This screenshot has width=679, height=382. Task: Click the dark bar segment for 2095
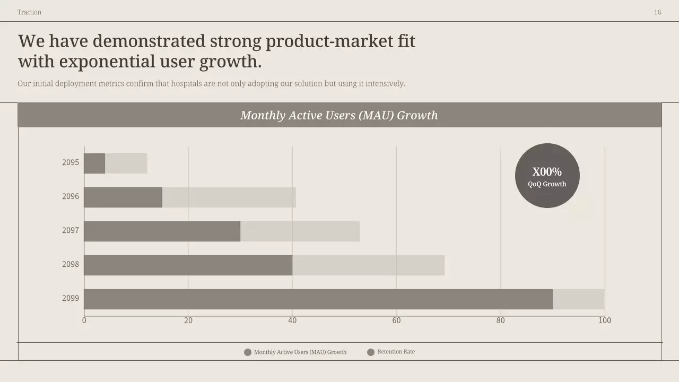(x=94, y=163)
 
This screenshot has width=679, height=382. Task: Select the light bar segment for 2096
(x=229, y=197)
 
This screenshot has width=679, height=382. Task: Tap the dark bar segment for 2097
(x=162, y=231)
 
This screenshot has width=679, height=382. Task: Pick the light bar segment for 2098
(x=368, y=265)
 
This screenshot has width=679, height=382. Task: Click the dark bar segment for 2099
(x=318, y=299)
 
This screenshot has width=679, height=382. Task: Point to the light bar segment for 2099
(x=578, y=299)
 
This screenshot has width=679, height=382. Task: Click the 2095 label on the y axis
(x=71, y=162)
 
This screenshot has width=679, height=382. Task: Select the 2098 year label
(x=71, y=264)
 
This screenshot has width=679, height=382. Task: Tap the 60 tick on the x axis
(x=396, y=320)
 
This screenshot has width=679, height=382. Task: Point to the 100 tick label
(x=605, y=320)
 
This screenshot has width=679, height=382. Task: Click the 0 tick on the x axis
(x=84, y=320)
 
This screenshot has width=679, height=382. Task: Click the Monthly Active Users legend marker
(x=247, y=352)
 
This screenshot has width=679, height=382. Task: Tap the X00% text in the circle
(x=547, y=172)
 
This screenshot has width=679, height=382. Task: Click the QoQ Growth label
(x=547, y=184)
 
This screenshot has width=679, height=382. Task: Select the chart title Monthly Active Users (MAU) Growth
(x=339, y=115)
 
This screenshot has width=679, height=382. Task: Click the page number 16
(x=657, y=12)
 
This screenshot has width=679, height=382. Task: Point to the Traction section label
(x=29, y=12)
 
